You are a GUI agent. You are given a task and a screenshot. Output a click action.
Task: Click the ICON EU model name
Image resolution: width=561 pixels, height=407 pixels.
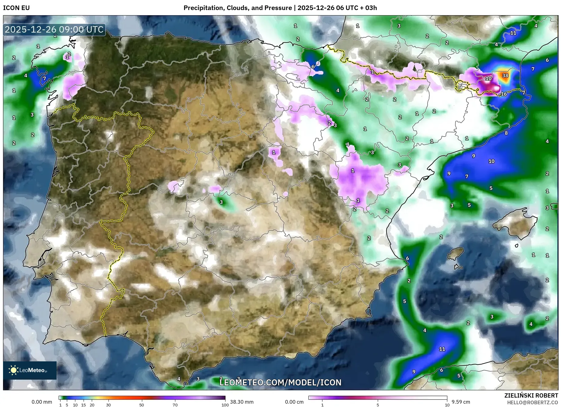point(16,8)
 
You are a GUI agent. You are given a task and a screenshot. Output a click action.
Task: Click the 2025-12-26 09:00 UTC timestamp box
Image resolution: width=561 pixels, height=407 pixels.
point(54,30)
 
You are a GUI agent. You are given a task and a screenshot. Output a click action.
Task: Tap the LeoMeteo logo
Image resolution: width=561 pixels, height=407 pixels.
point(30,370)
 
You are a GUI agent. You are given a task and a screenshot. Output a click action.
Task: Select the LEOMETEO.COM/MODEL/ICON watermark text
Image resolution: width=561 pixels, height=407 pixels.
point(280,382)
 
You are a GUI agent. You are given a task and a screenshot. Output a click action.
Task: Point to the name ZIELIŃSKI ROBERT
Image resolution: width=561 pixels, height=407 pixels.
point(531,395)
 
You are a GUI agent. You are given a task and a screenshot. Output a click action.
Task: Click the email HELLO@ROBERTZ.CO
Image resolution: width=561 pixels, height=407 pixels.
point(532,402)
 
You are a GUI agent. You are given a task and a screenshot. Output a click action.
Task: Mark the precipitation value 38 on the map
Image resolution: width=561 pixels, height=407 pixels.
point(505,75)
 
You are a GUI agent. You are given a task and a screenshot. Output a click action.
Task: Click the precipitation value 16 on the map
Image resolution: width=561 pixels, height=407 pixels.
point(504,94)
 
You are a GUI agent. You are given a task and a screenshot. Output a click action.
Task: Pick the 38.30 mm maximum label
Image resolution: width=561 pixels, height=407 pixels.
point(242,402)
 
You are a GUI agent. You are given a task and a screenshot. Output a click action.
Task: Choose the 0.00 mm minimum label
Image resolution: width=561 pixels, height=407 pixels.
point(42,402)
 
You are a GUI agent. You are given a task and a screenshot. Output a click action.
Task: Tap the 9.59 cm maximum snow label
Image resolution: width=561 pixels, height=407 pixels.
point(461,402)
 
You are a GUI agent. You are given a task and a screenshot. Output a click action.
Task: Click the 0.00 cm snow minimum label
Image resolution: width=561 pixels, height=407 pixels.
point(294,402)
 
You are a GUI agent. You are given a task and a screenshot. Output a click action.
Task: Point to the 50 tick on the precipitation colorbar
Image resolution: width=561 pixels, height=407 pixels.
point(142,405)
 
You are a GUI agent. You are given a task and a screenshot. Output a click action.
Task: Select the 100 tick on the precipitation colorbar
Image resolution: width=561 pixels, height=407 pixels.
point(225,405)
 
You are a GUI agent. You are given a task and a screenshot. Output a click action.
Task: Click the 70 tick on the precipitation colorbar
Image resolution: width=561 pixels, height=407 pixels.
point(175,405)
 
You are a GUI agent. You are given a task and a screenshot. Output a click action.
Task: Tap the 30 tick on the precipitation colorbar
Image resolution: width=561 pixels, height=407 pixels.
point(108,405)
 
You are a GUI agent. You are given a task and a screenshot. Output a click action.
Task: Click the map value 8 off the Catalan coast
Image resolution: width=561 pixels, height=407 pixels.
point(506,133)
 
